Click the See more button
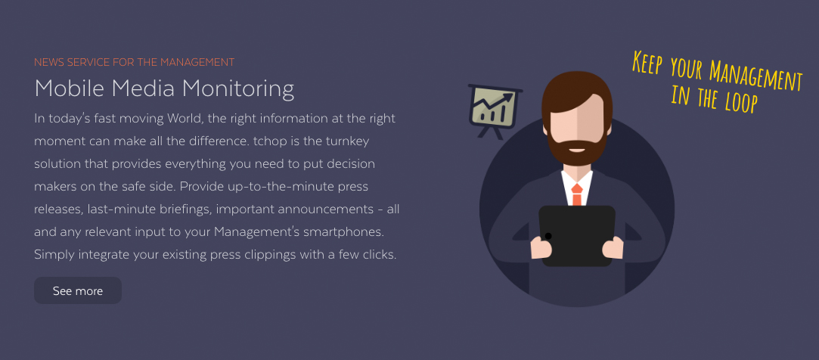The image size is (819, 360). point(78,290)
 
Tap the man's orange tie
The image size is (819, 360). point(577,194)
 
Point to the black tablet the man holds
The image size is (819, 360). point(577,236)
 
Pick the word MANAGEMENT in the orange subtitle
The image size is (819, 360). point(197,62)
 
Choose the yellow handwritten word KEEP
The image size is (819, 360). point(647,62)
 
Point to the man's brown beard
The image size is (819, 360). point(576,149)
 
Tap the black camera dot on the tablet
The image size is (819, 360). point(548,236)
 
